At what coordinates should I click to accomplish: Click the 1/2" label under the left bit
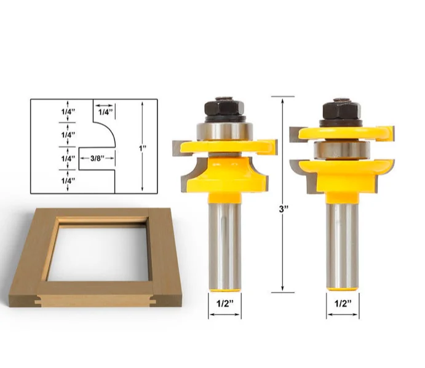tap(224, 303)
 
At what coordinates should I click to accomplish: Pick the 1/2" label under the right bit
tap(343, 303)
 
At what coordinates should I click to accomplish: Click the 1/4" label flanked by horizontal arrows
tap(105, 112)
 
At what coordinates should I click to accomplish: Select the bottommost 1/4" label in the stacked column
tap(68, 181)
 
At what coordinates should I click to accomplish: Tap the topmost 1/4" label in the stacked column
tap(68, 112)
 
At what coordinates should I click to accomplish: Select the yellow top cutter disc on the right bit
tap(344, 131)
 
